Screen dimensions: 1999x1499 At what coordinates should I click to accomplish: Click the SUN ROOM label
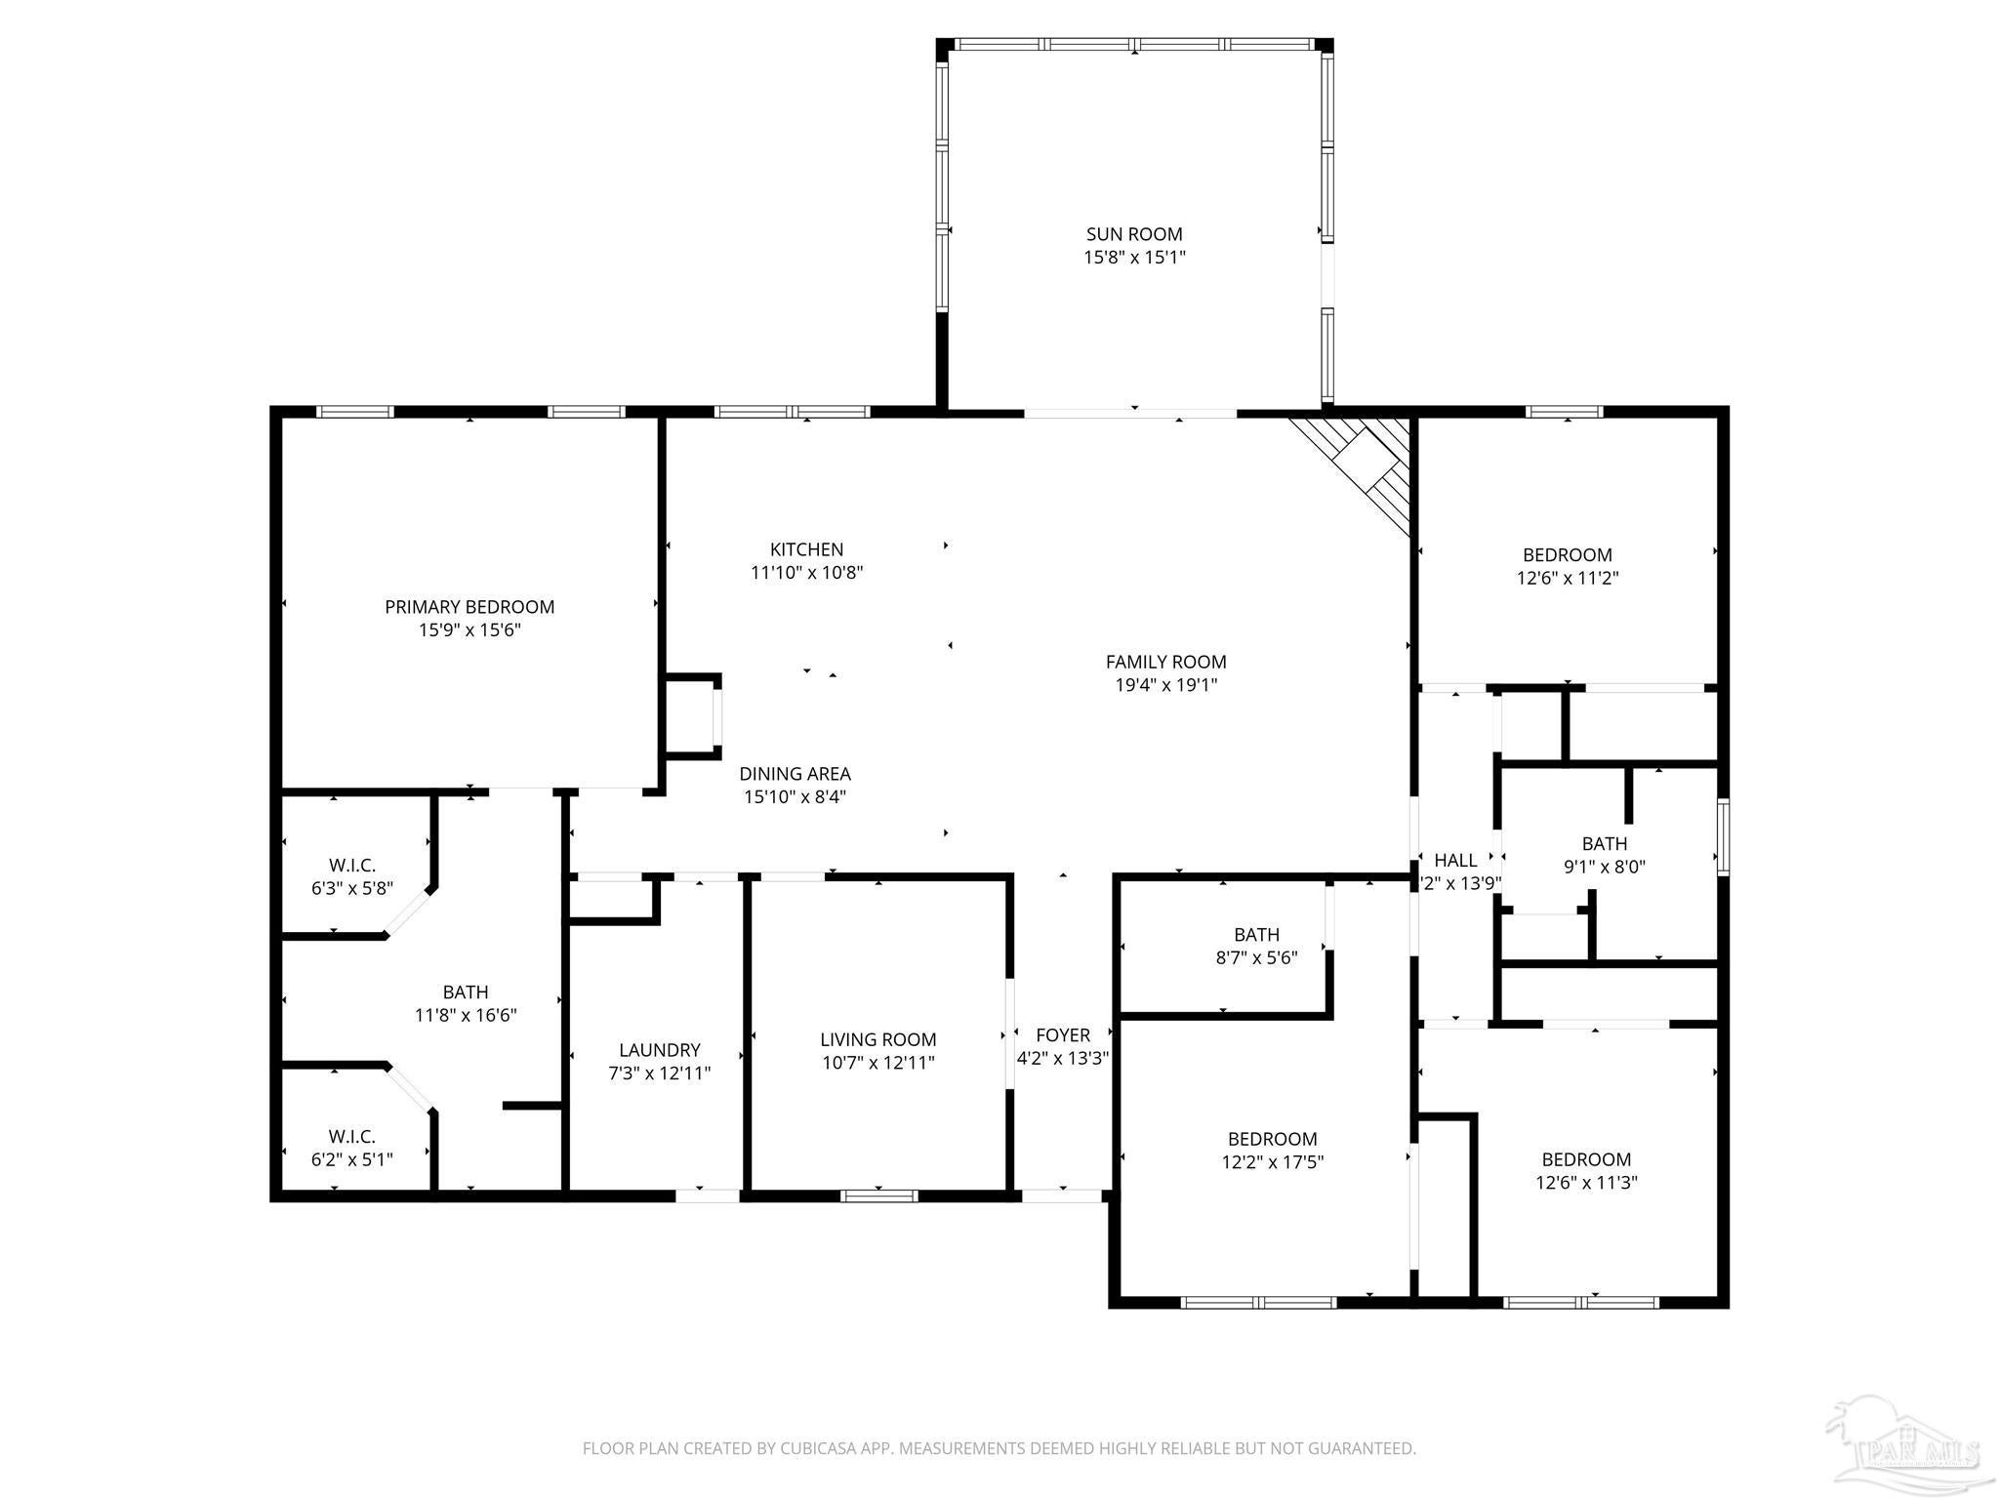pos(1134,234)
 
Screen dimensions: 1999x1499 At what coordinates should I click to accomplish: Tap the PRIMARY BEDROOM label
pos(469,607)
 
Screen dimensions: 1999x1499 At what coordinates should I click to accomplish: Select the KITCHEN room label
pos(806,549)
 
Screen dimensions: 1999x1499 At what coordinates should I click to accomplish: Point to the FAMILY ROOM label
pos(1165,662)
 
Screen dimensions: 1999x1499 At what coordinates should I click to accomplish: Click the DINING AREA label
pos(795,774)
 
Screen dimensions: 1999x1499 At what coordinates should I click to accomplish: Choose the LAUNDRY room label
pos(660,1050)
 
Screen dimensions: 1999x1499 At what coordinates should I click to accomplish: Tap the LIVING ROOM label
pos(878,1040)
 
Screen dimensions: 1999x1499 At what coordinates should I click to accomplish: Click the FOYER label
pos(1063,1035)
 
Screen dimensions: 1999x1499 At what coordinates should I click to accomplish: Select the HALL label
pos(1455,861)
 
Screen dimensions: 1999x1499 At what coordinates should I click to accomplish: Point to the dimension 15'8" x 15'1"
pos(1134,258)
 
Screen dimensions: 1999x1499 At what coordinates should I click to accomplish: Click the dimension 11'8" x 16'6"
pos(466,1015)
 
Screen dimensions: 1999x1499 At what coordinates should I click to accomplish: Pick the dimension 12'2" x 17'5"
pos(1273,1162)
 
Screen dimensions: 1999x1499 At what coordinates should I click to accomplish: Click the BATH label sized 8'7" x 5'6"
pos(1256,935)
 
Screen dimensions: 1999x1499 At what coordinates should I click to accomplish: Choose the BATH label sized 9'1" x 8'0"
pos(1605,843)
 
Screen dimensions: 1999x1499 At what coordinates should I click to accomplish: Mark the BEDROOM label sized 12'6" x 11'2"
pos(1568,555)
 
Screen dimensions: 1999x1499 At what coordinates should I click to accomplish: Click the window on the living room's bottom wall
pos(879,1195)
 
